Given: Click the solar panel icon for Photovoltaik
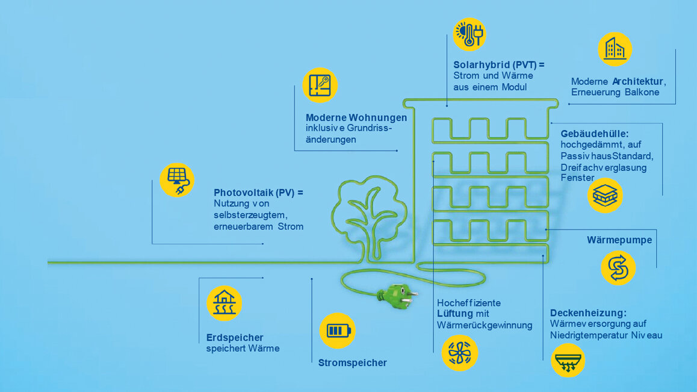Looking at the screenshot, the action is click(x=177, y=180).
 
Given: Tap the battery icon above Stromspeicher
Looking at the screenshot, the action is click(x=338, y=331).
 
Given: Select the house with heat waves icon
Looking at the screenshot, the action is click(x=224, y=303).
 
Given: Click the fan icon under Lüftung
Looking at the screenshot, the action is click(x=460, y=353).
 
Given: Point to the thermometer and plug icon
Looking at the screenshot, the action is click(x=469, y=35).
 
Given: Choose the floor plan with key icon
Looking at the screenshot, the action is click(x=320, y=85).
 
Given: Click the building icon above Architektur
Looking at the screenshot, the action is click(x=615, y=49).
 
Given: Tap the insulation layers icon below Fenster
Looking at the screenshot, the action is click(x=605, y=195).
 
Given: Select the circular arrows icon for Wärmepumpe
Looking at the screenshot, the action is click(x=618, y=268).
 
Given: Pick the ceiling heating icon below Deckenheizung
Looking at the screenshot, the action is click(x=568, y=360).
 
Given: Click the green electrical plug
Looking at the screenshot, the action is click(x=397, y=296).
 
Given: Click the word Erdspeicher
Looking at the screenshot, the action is click(x=235, y=338).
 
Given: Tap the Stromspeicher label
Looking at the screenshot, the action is click(x=353, y=363).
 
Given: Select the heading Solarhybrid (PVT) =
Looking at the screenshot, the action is click(x=499, y=65).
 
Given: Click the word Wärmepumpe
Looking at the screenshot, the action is click(x=619, y=240).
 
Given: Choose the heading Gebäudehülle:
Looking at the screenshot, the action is click(x=595, y=134).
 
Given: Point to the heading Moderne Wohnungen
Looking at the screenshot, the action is click(x=356, y=118).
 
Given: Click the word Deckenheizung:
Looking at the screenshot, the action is click(x=588, y=313).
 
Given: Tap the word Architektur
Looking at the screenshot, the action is click(x=639, y=81).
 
